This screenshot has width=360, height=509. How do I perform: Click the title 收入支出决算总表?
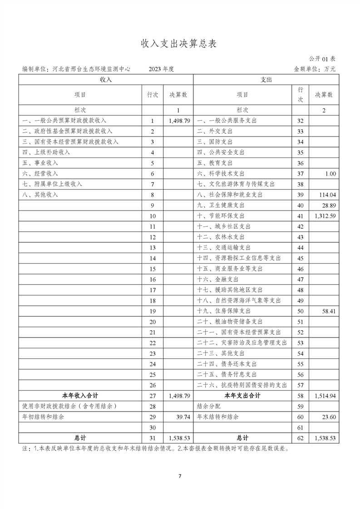click(x=179, y=44)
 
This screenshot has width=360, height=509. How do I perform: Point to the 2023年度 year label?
click(x=161, y=69)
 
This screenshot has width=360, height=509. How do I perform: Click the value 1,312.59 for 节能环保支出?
click(x=324, y=216)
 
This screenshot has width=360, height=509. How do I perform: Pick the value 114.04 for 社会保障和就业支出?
click(x=327, y=195)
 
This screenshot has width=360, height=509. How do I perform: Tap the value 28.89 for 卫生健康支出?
click(x=328, y=206)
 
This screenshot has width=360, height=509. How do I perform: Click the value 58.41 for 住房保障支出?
click(x=328, y=311)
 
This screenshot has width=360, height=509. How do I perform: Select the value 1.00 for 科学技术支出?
click(x=330, y=174)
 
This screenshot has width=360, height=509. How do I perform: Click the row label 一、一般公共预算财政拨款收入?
click(x=64, y=121)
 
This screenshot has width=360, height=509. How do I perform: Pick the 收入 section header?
click(x=106, y=79)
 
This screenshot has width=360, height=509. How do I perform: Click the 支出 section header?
click(x=266, y=79)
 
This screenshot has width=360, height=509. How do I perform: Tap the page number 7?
click(x=180, y=476)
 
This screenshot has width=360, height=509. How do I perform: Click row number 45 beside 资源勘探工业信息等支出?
click(x=300, y=258)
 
